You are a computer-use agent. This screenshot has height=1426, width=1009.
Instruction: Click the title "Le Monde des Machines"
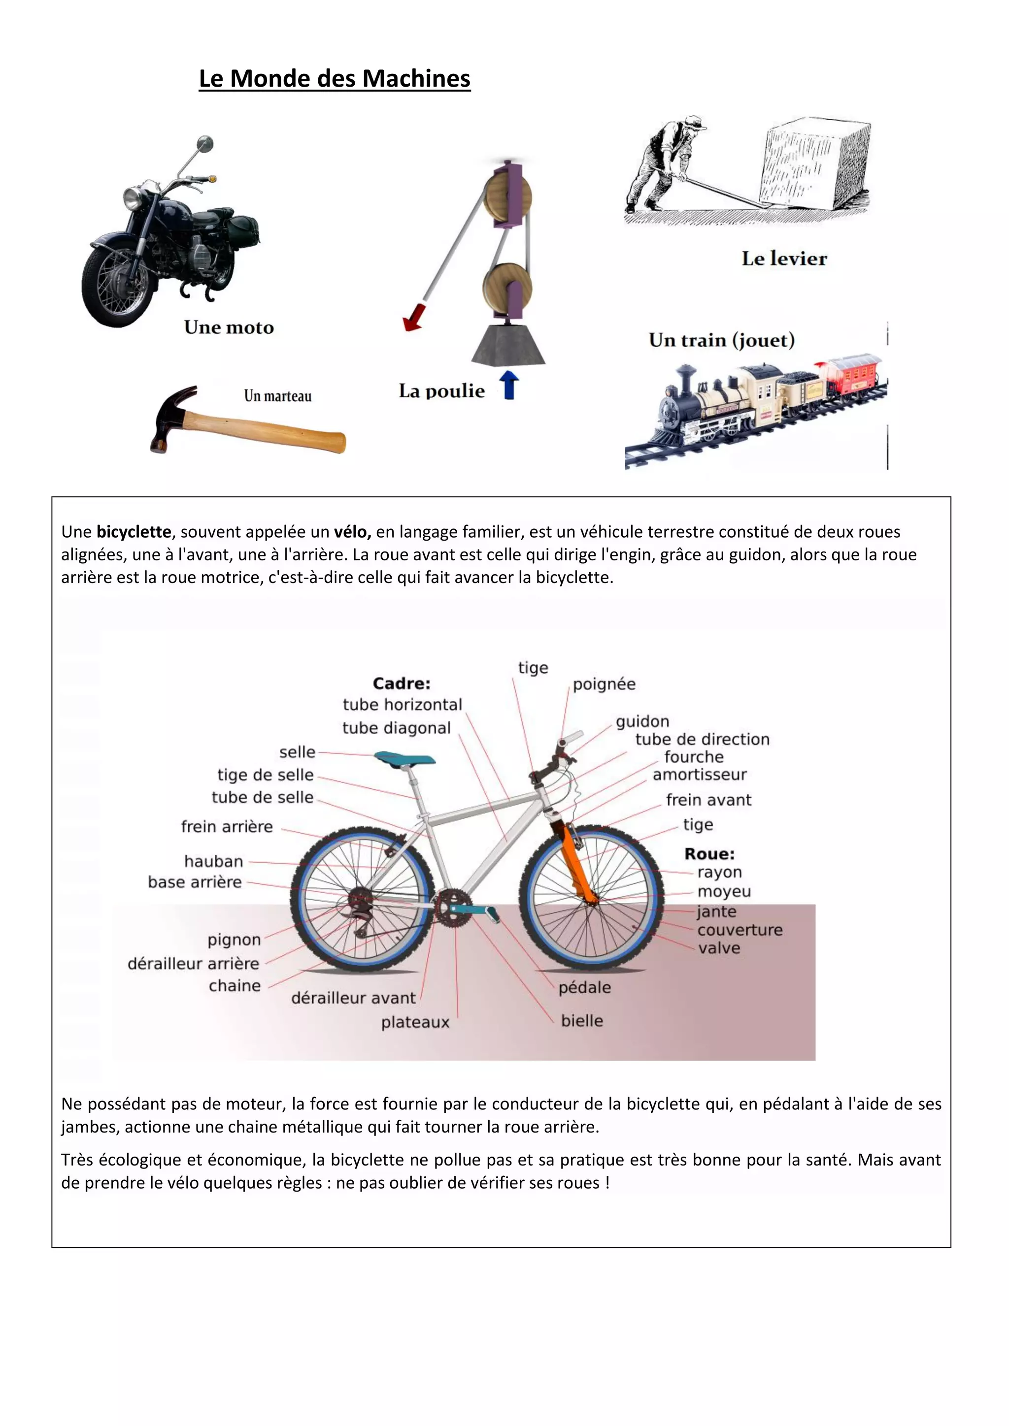(334, 79)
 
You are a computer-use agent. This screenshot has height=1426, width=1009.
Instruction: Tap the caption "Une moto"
(229, 327)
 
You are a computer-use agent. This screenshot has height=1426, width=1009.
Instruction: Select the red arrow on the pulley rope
(412, 316)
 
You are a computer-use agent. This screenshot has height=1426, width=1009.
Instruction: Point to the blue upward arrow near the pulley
(509, 385)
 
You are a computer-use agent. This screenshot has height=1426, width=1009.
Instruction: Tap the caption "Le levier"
(784, 259)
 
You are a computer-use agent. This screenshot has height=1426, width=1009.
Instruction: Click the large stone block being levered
(816, 164)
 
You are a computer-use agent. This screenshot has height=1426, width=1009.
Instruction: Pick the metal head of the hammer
(171, 416)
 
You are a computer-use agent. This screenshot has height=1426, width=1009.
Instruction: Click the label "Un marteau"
(278, 396)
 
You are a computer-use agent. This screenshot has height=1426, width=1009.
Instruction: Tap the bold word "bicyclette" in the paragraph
(134, 532)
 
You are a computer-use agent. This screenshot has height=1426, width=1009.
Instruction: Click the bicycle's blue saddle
(404, 758)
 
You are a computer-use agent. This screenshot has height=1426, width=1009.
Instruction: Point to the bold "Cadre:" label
(402, 684)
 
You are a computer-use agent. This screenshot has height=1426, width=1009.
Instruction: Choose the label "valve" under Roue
(719, 948)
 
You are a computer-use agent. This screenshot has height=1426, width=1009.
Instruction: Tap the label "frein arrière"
(227, 827)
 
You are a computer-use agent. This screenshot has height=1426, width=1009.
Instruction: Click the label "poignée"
(604, 684)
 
